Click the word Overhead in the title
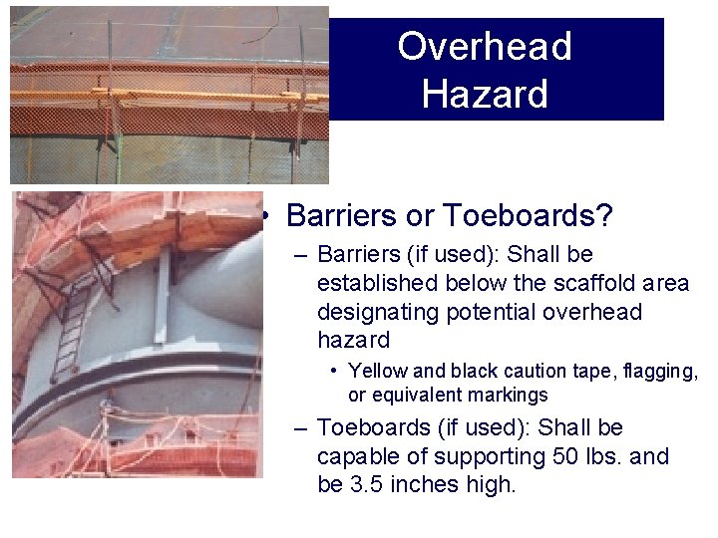pyautogui.click(x=484, y=47)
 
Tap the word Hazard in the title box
pyautogui.click(x=484, y=94)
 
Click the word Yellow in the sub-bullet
pyautogui.click(x=377, y=371)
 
